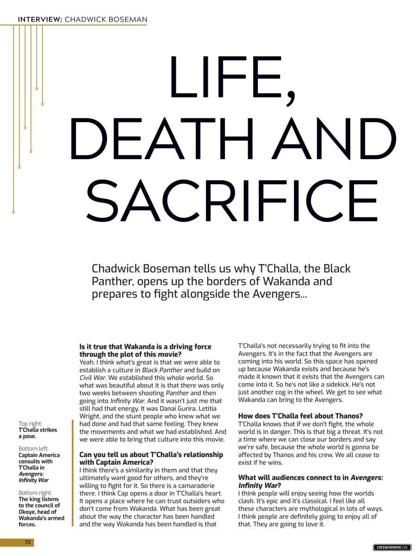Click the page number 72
pos(28,542)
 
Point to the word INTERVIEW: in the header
pos(40,19)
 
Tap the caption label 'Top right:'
pos(30,423)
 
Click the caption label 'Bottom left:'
pos(33,449)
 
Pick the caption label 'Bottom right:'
pos(35,493)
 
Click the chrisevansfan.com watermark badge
pos(392,548)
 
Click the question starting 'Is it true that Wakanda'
pos(145,350)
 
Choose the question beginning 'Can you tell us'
pos(151,458)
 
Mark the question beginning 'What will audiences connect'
pos(310,482)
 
